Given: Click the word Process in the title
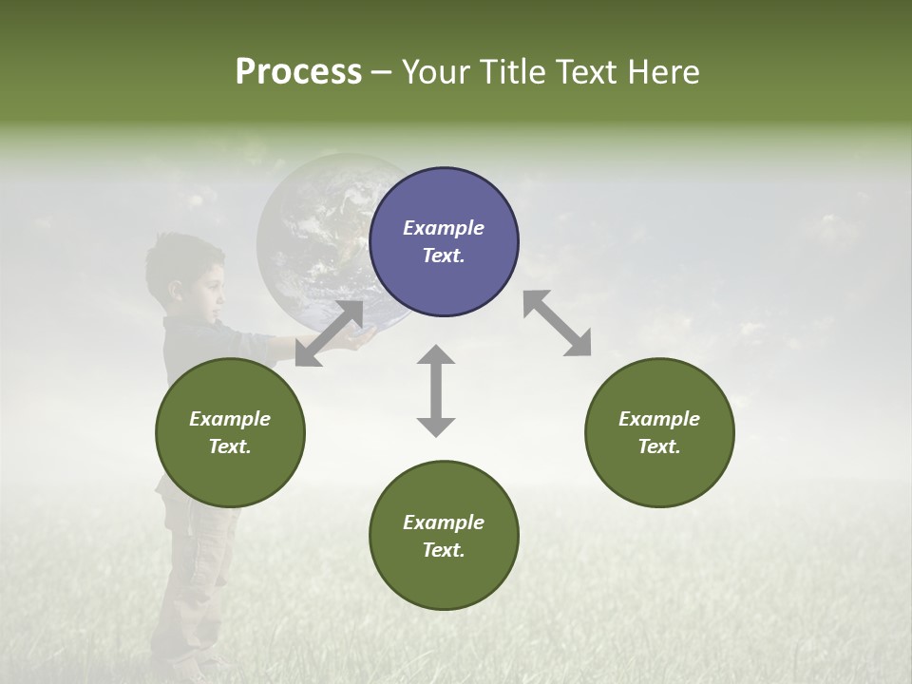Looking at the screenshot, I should [298, 71].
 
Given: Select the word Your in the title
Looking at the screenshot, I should [433, 71].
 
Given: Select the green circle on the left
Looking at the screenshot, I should [230, 432].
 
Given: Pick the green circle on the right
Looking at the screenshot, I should [659, 432].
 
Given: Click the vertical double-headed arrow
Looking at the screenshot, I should [436, 390].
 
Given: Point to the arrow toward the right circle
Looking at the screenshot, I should [557, 323].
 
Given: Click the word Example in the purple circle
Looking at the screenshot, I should [444, 228].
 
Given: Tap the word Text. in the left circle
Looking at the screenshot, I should [230, 446].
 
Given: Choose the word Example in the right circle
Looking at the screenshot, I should [659, 419].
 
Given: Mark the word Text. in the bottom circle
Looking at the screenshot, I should [444, 550].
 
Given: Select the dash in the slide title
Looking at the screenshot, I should [381, 72].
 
